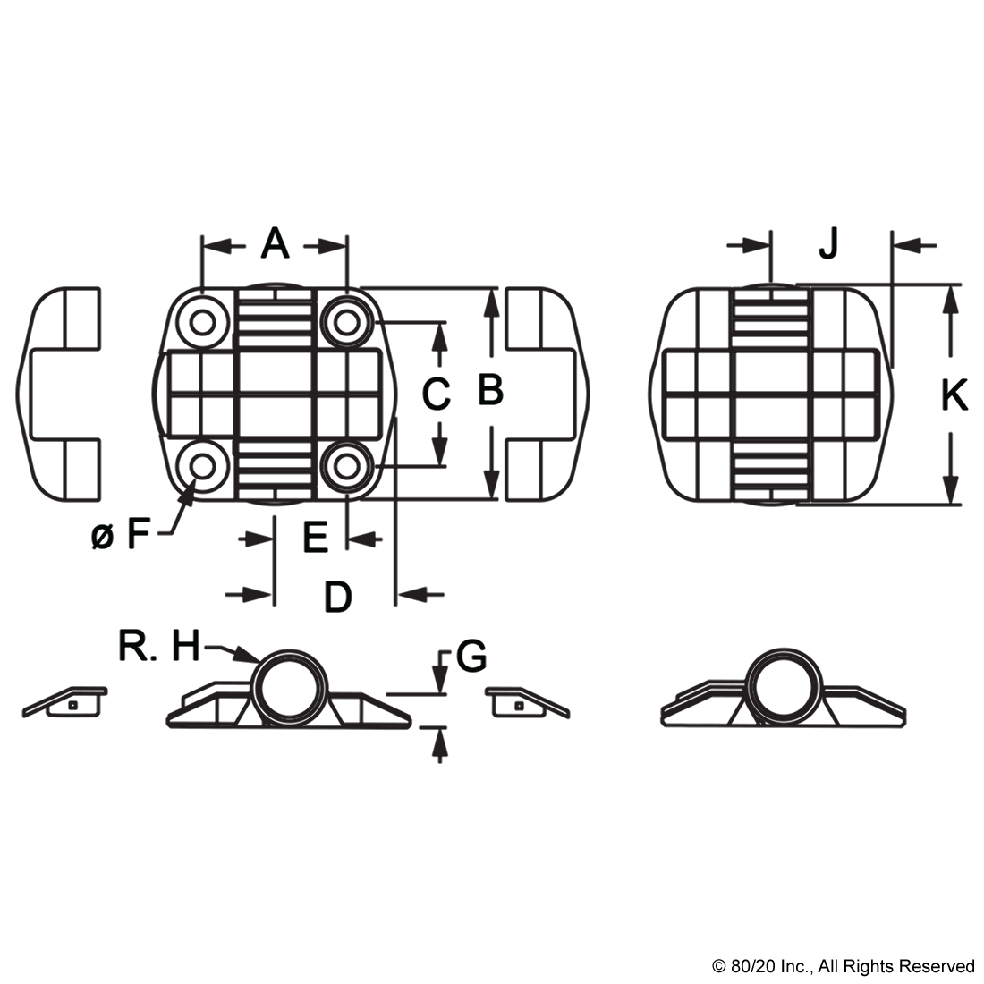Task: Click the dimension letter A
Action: [x=275, y=244]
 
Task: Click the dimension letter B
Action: [x=490, y=390]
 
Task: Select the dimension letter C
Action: [x=437, y=394]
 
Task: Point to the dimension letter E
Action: [x=316, y=538]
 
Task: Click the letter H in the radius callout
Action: [x=186, y=646]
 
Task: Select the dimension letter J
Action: [x=828, y=244]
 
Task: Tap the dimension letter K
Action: [x=954, y=396]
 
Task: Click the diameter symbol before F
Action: [x=102, y=538]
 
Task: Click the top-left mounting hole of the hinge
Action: [x=202, y=323]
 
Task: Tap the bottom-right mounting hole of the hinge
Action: [x=346, y=466]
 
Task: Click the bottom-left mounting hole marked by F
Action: [x=202, y=466]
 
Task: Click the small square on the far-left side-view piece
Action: [x=72, y=706]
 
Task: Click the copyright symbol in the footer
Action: [x=718, y=966]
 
